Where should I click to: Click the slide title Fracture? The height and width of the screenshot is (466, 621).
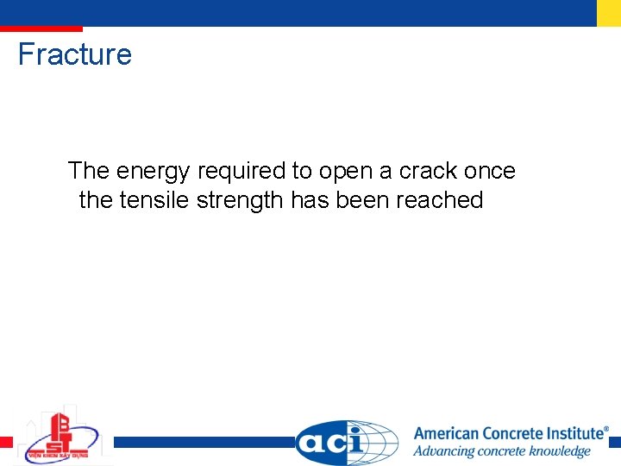[x=75, y=54]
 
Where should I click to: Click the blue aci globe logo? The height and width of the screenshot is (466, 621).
[x=347, y=442]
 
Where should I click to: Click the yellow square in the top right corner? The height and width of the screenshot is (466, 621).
[x=609, y=12]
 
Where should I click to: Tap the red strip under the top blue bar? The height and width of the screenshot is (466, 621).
[x=41, y=28]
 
